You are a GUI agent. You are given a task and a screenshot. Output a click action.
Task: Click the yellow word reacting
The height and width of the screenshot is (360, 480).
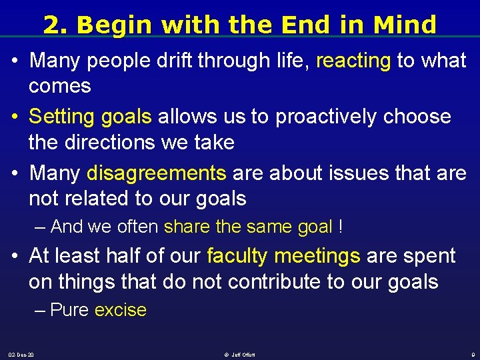click(x=353, y=61)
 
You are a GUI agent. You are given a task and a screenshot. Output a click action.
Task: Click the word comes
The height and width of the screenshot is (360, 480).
click(x=60, y=86)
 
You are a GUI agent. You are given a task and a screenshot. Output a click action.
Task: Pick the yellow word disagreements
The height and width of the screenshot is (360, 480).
click(x=157, y=173)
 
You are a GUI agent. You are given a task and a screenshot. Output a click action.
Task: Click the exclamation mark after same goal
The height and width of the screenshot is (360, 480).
click(x=341, y=227)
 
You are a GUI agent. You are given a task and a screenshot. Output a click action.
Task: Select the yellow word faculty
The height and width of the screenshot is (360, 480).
click(x=238, y=256)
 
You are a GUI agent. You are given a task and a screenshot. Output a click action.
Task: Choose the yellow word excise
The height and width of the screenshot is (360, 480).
click(x=121, y=310)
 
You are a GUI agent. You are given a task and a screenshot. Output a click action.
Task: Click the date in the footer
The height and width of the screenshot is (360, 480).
click(x=21, y=354)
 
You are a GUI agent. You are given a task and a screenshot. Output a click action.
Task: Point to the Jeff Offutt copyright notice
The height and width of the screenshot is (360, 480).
click(x=240, y=354)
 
